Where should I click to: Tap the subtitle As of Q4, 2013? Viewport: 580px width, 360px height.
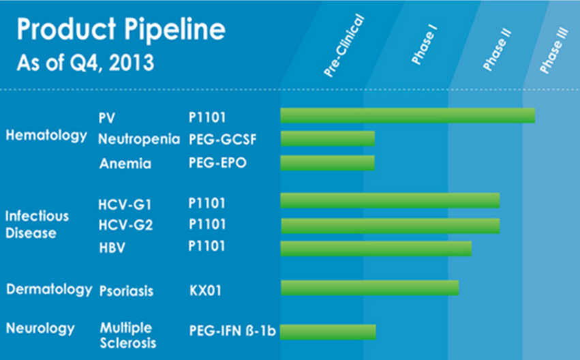click(x=85, y=63)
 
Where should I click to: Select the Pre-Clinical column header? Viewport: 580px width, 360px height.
click(x=344, y=45)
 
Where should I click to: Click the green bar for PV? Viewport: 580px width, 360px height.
click(x=407, y=115)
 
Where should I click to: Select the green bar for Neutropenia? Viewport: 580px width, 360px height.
click(x=327, y=138)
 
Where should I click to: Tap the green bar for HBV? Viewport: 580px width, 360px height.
click(x=376, y=248)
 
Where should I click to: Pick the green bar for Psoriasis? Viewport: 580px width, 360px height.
click(x=369, y=288)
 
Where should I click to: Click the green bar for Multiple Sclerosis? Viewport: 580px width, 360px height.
click(x=327, y=331)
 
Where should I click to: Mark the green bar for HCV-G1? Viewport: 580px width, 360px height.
click(x=390, y=200)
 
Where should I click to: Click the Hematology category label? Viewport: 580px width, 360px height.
click(x=46, y=136)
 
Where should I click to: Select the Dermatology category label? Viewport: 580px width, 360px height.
click(x=49, y=289)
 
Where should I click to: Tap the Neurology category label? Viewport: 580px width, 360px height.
click(x=40, y=329)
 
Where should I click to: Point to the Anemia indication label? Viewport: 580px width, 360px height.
click(x=125, y=164)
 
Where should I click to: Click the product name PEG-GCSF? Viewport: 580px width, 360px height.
click(x=222, y=140)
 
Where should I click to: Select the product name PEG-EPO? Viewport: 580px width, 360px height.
click(x=217, y=164)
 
